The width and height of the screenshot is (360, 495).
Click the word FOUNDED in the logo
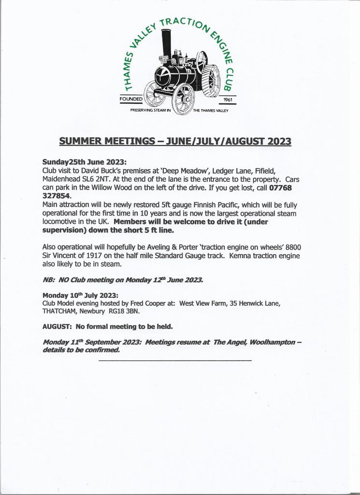pos(131,99)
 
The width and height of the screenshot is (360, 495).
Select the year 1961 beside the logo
pos(228,100)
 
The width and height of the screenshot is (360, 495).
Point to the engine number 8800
pos(292,247)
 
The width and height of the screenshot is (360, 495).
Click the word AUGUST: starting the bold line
pos(57,327)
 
